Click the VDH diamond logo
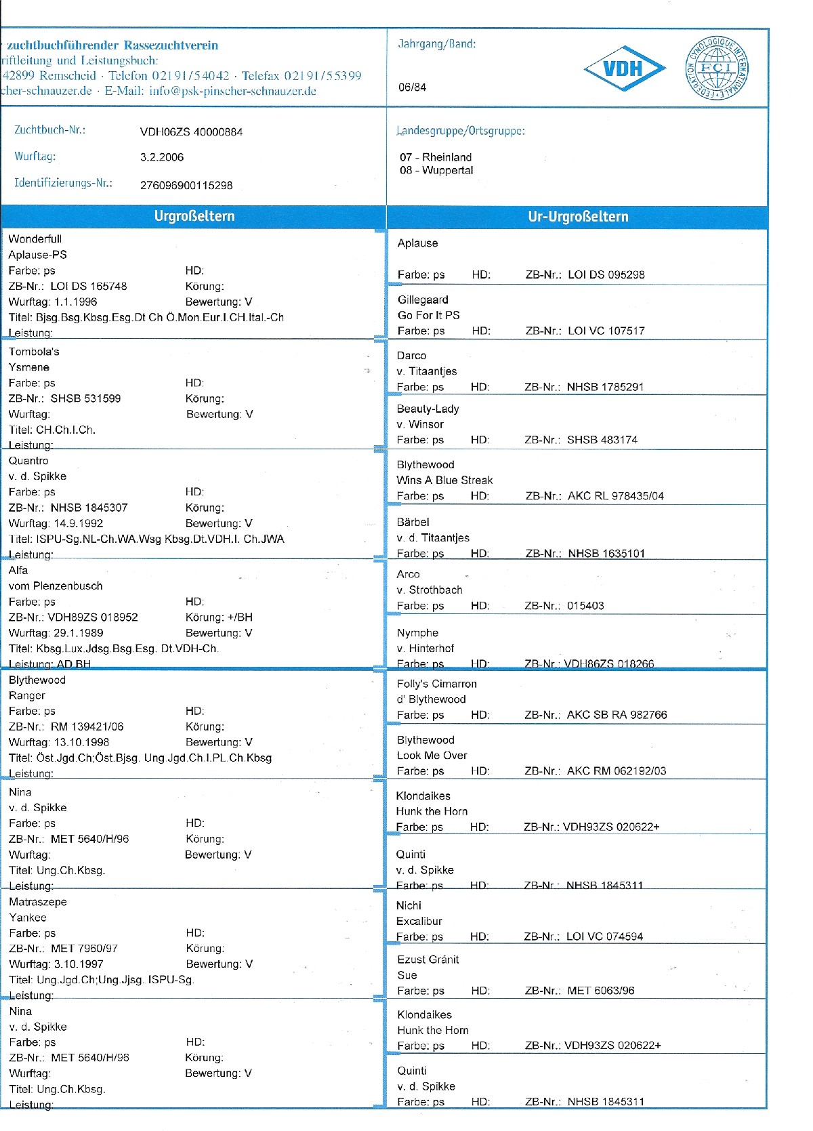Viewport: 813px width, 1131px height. pyautogui.click(x=624, y=68)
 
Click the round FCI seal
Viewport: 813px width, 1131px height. pyautogui.click(x=717, y=68)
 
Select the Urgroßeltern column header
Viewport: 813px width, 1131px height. pyautogui.click(x=194, y=216)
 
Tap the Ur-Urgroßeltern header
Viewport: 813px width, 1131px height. pyautogui.click(x=578, y=217)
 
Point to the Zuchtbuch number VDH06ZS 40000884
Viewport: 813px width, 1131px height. pyautogui.click(x=191, y=132)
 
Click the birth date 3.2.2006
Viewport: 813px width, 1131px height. pyautogui.click(x=162, y=157)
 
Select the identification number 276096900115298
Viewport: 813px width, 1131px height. pyautogui.click(x=186, y=185)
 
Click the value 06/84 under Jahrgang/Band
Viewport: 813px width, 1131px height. pyautogui.click(x=412, y=87)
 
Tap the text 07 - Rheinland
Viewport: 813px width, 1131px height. pyautogui.click(x=436, y=157)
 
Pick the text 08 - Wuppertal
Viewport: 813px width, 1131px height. pyautogui.click(x=436, y=170)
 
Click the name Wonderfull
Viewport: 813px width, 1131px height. pyautogui.click(x=35, y=239)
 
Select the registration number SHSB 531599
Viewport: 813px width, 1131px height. pyautogui.click(x=85, y=398)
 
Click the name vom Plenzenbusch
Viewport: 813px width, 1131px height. pyautogui.click(x=56, y=586)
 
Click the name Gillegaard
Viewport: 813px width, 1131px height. pyautogui.click(x=423, y=300)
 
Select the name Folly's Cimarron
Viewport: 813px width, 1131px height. pyautogui.click(x=436, y=684)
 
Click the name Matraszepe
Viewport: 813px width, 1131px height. pyautogui.click(x=38, y=902)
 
